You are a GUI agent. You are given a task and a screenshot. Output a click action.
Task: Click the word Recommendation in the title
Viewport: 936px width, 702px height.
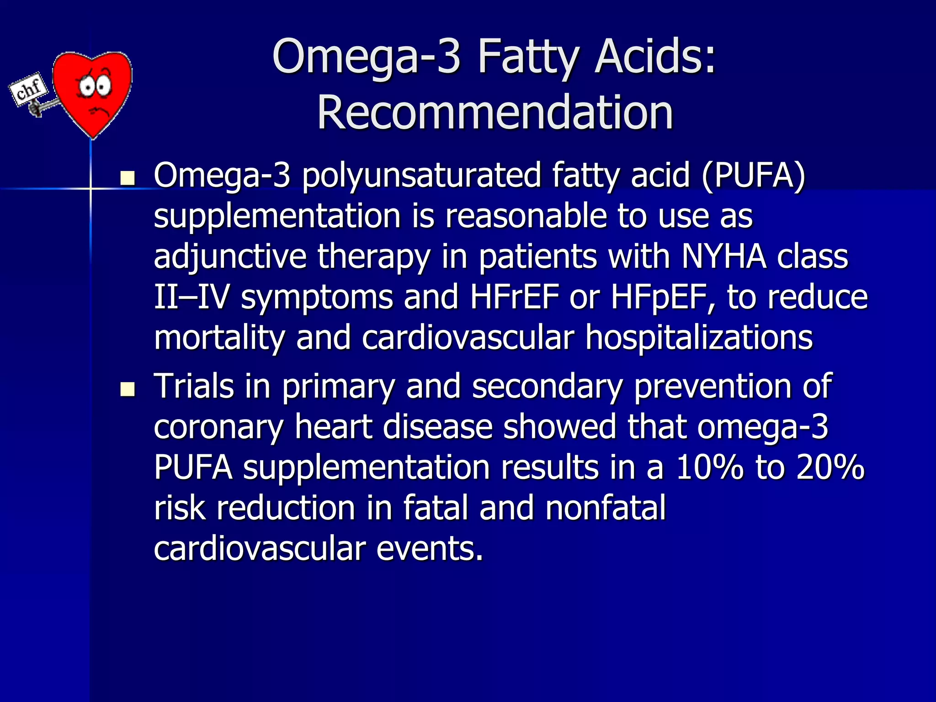(x=495, y=113)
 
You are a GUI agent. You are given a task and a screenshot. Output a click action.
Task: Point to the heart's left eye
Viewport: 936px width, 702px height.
(x=85, y=87)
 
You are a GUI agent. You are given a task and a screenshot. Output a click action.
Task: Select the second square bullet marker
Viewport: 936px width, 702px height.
(x=128, y=389)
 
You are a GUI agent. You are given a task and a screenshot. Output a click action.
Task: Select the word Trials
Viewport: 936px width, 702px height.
(x=194, y=386)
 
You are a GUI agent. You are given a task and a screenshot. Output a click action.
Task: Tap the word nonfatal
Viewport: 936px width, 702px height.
(x=605, y=508)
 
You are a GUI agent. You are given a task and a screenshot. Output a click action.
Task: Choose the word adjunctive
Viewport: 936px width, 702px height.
(x=230, y=256)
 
